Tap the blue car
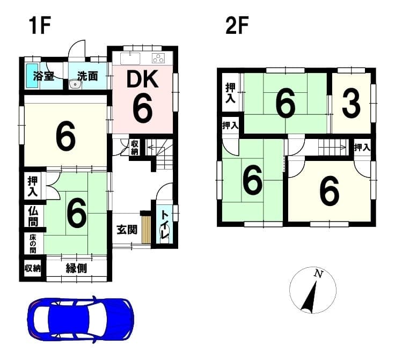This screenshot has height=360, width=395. click(81, 319)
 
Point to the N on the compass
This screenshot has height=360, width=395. click(319, 274)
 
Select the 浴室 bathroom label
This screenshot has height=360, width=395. click(44, 76)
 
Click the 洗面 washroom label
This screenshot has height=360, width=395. click(87, 76)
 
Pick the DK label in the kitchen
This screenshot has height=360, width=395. click(143, 79)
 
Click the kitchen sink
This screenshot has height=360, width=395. click(130, 58)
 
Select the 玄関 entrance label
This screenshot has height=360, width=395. click(127, 230)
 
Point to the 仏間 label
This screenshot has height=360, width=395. click(33, 216)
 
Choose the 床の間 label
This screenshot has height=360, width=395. click(33, 244)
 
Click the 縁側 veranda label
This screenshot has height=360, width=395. click(76, 268)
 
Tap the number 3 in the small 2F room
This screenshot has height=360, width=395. click(351, 104)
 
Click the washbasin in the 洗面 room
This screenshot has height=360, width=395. click(75, 84)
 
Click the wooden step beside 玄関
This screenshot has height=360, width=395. click(146, 229)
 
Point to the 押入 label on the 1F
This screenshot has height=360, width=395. click(33, 187)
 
